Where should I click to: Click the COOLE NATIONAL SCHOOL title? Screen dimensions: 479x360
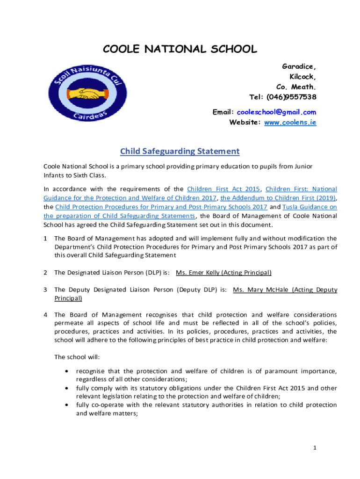point(180,49)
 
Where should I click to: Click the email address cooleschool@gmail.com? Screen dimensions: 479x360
point(276,112)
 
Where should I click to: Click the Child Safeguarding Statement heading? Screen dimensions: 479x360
point(180,151)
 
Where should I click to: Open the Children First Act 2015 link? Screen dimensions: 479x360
point(223,189)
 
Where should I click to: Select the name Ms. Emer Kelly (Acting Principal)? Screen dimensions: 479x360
point(223,272)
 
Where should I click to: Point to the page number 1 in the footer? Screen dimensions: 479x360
point(315,448)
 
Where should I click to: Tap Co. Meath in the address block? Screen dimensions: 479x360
point(296,87)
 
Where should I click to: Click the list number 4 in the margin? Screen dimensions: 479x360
point(45,314)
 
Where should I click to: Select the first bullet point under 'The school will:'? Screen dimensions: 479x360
point(68,371)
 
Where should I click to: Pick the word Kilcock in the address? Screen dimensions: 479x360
point(302,77)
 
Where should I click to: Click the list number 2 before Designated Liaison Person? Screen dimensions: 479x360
point(45,272)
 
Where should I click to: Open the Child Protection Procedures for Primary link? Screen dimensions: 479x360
point(161,207)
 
